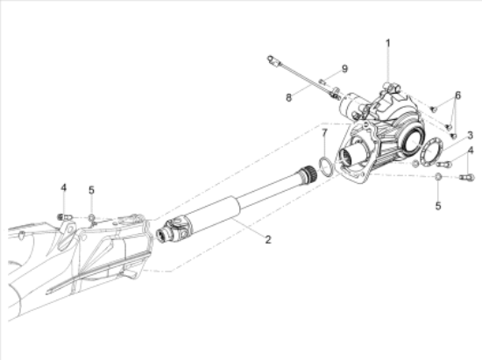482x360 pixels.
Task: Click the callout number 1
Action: [x=388, y=43]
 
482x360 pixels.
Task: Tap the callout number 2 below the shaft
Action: [x=268, y=240]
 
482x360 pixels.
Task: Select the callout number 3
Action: [x=470, y=135]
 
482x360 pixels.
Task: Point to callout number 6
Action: [x=458, y=95]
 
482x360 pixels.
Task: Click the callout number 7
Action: [x=324, y=133]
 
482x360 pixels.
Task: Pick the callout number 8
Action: [x=288, y=98]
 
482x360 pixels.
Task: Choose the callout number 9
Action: [x=344, y=69]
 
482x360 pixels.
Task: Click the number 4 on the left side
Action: [x=63, y=187]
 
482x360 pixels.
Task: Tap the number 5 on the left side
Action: [x=91, y=190]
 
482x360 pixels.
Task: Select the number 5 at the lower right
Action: [x=438, y=206]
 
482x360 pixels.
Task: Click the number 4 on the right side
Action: [x=471, y=151]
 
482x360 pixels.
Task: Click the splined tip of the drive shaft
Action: [x=308, y=173]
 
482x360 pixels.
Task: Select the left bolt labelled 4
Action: [x=65, y=217]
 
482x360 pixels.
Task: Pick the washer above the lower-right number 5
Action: [x=438, y=177]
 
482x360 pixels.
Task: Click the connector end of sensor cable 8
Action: [x=273, y=60]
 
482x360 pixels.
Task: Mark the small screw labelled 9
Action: [x=323, y=81]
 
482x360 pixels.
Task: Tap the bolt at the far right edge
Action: [x=467, y=177]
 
